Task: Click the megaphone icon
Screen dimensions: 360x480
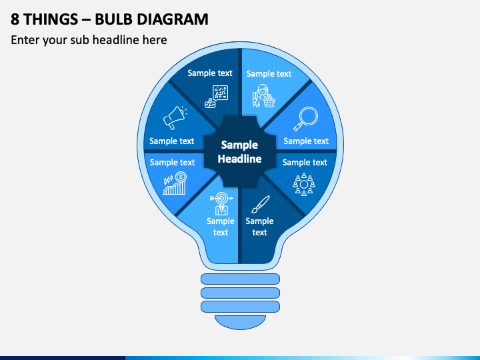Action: (173, 118)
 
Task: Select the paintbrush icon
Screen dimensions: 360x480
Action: (261, 203)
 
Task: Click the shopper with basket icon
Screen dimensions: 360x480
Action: (263, 96)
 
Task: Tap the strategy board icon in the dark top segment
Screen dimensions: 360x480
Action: (217, 96)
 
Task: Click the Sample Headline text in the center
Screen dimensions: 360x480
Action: (239, 152)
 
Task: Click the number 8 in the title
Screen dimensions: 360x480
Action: (15, 19)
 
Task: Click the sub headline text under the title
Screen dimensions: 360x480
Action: (89, 40)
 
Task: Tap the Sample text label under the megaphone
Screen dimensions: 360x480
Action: (172, 141)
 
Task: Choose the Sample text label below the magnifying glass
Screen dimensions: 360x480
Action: (306, 141)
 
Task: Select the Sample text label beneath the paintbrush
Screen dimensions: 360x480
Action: (260, 227)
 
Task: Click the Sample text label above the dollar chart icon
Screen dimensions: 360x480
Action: (172, 162)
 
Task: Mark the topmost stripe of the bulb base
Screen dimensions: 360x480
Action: (240, 279)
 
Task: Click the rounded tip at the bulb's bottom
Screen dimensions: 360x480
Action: (240, 321)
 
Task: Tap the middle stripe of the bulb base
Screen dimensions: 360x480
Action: (240, 293)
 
